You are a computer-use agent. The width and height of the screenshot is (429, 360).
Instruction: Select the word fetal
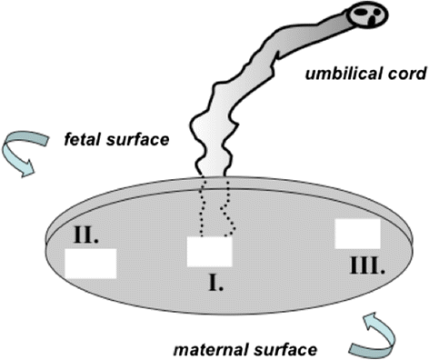point(83,141)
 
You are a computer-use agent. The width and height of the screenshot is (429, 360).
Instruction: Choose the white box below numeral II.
point(90,262)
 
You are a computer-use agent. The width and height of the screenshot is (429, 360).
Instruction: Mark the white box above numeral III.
point(357,233)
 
